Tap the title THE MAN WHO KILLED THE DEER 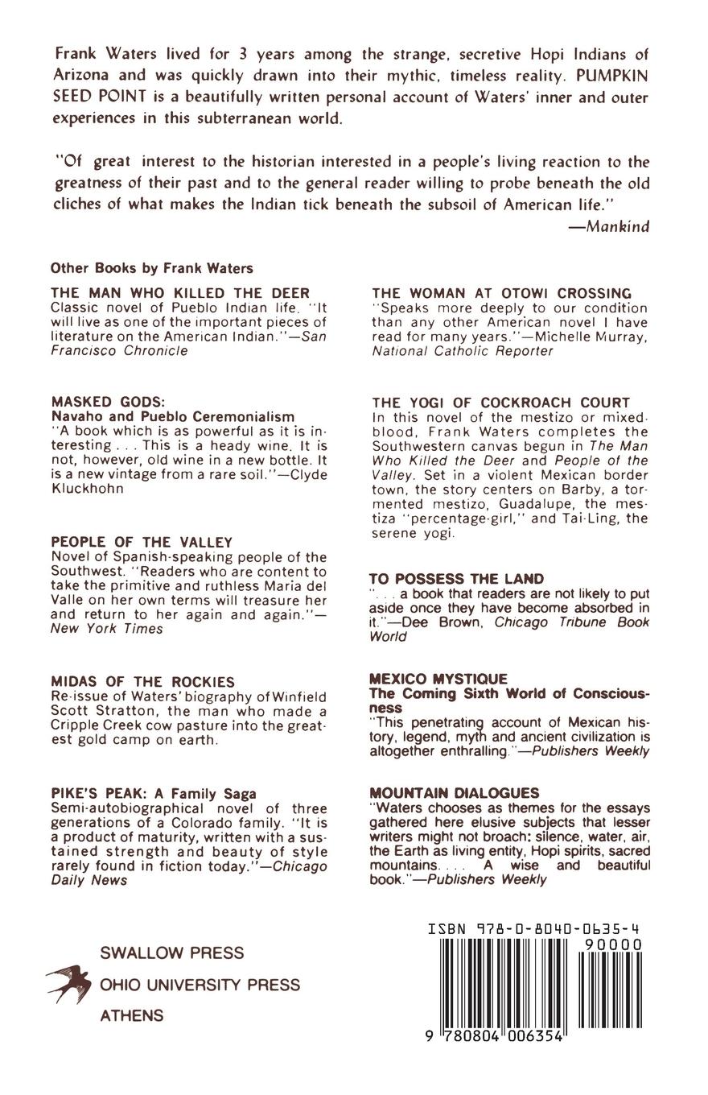180,293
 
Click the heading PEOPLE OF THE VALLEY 142,542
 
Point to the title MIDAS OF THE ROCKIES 142,682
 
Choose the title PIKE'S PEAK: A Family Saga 154,793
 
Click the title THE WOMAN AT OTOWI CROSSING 502,293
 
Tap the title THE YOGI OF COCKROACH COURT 501,402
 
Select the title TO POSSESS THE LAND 456,579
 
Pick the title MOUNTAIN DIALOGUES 454,793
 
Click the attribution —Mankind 608,226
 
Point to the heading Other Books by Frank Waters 151,268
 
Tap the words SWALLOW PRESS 171,953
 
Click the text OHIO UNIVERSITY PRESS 200,985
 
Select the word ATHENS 131,1016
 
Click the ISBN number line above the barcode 534,929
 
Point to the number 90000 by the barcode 614,944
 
